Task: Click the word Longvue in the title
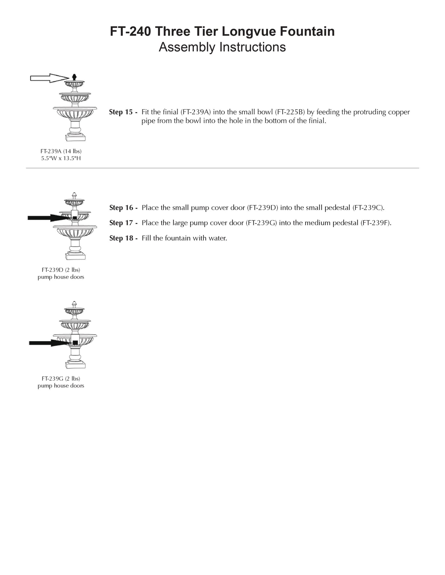[248, 31]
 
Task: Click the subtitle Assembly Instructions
[222, 47]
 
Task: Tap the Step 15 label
[123, 112]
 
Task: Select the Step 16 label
[123, 208]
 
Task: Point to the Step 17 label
[123, 223]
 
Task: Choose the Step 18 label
[123, 238]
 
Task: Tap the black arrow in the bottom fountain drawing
[48, 343]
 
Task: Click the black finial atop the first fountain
[74, 77]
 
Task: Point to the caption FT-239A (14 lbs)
[61, 151]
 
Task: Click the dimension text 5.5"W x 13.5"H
[61, 158]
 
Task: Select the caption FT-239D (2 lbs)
[61, 270]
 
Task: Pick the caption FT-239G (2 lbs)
[61, 379]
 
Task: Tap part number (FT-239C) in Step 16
[368, 208]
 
